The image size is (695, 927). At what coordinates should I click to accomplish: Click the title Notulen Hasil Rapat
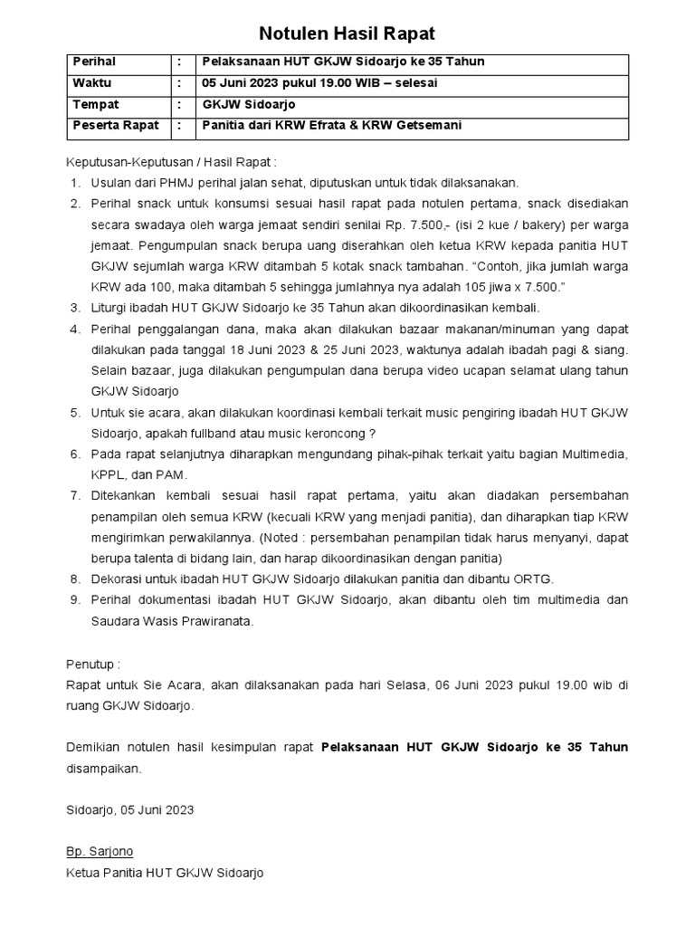coord(347,34)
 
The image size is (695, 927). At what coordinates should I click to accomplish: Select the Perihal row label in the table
coord(94,62)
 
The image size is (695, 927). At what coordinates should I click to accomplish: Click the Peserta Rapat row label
coord(116,125)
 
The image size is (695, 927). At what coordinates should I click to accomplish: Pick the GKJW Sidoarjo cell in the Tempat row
coord(243,104)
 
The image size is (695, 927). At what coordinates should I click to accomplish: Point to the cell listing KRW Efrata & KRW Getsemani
coord(331,125)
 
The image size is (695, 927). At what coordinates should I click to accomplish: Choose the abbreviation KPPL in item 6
coord(109,475)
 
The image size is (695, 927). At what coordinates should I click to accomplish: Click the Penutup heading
coord(92,664)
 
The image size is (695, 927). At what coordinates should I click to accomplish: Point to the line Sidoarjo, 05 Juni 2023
coord(129,809)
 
